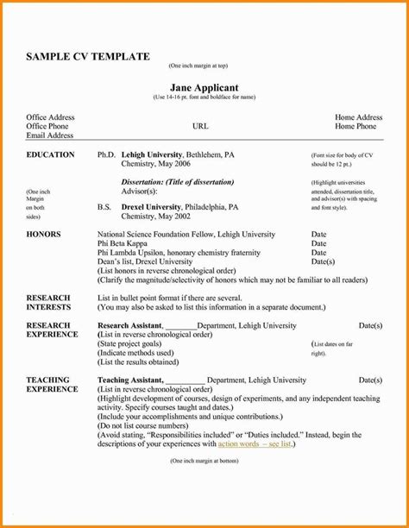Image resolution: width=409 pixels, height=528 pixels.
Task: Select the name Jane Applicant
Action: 204,87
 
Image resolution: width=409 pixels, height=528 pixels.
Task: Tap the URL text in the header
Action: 200,126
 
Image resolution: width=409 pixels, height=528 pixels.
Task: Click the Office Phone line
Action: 50,126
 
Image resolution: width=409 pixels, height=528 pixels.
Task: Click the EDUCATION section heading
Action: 50,154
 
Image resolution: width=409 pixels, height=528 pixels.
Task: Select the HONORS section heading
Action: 43,234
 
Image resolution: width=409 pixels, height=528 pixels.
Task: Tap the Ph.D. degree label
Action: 106,154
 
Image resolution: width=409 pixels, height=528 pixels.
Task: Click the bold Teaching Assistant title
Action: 129,380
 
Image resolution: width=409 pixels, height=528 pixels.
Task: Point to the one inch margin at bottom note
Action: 204,462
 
